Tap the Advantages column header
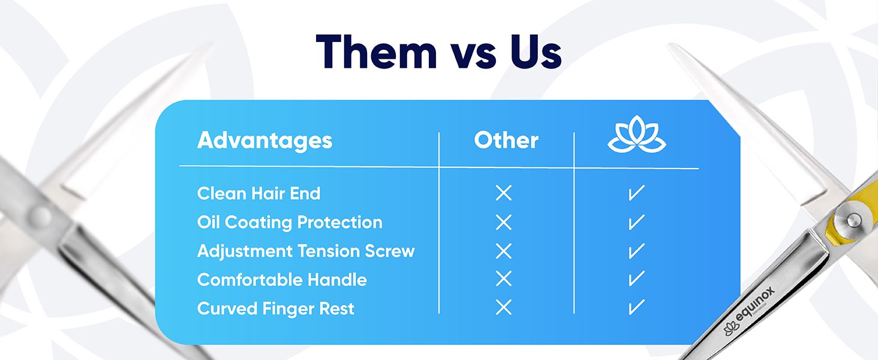(264, 141)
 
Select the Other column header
(506, 141)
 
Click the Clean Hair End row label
(258, 193)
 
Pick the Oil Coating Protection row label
(290, 222)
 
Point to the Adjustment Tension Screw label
(306, 251)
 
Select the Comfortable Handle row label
(282, 280)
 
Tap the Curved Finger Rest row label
(276, 308)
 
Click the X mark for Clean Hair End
(504, 193)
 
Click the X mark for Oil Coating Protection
(504, 222)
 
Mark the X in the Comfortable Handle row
(504, 279)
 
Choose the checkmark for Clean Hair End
(636, 193)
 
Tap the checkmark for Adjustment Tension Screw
(636, 251)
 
